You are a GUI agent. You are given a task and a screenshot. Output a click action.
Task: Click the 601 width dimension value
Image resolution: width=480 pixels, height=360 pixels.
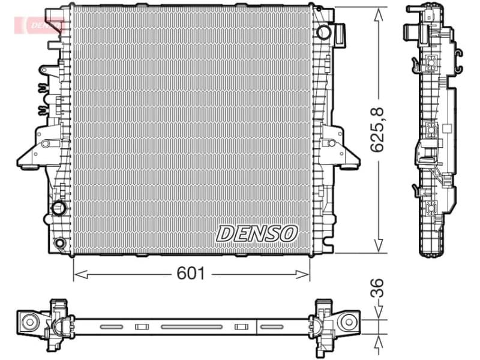coord(191,274)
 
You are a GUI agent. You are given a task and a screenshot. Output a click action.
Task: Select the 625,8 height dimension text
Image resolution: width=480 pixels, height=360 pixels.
coord(377,128)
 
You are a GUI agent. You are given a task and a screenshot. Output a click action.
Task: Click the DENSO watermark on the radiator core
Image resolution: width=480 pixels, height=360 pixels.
coord(257,233)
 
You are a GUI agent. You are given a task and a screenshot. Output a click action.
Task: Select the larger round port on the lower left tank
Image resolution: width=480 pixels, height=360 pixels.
coord(59,208)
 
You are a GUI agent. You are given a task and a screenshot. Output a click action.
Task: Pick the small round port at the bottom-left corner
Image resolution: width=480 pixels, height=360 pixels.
coord(59,243)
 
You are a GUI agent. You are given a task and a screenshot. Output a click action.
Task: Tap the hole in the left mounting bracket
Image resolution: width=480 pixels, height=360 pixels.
coord(44,143)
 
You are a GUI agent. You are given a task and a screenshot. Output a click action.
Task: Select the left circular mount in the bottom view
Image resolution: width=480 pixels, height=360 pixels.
coord(29,322)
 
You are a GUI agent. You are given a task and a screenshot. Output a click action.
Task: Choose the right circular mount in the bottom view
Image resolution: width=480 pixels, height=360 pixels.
coord(347,322)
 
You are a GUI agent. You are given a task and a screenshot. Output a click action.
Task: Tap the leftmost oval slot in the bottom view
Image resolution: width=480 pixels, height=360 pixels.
coord(111,326)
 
